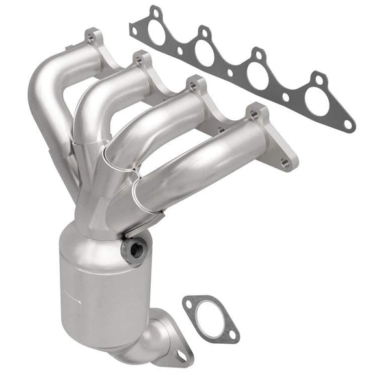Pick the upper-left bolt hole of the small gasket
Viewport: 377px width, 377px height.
[x=190, y=302]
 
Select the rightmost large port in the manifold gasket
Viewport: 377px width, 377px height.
[x=317, y=101]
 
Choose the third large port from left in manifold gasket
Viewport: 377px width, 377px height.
[x=258, y=76]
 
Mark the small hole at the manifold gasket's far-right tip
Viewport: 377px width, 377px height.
[x=348, y=123]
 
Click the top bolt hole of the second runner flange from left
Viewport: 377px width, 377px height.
[x=138, y=60]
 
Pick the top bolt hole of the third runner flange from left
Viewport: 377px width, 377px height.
[x=193, y=84]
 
